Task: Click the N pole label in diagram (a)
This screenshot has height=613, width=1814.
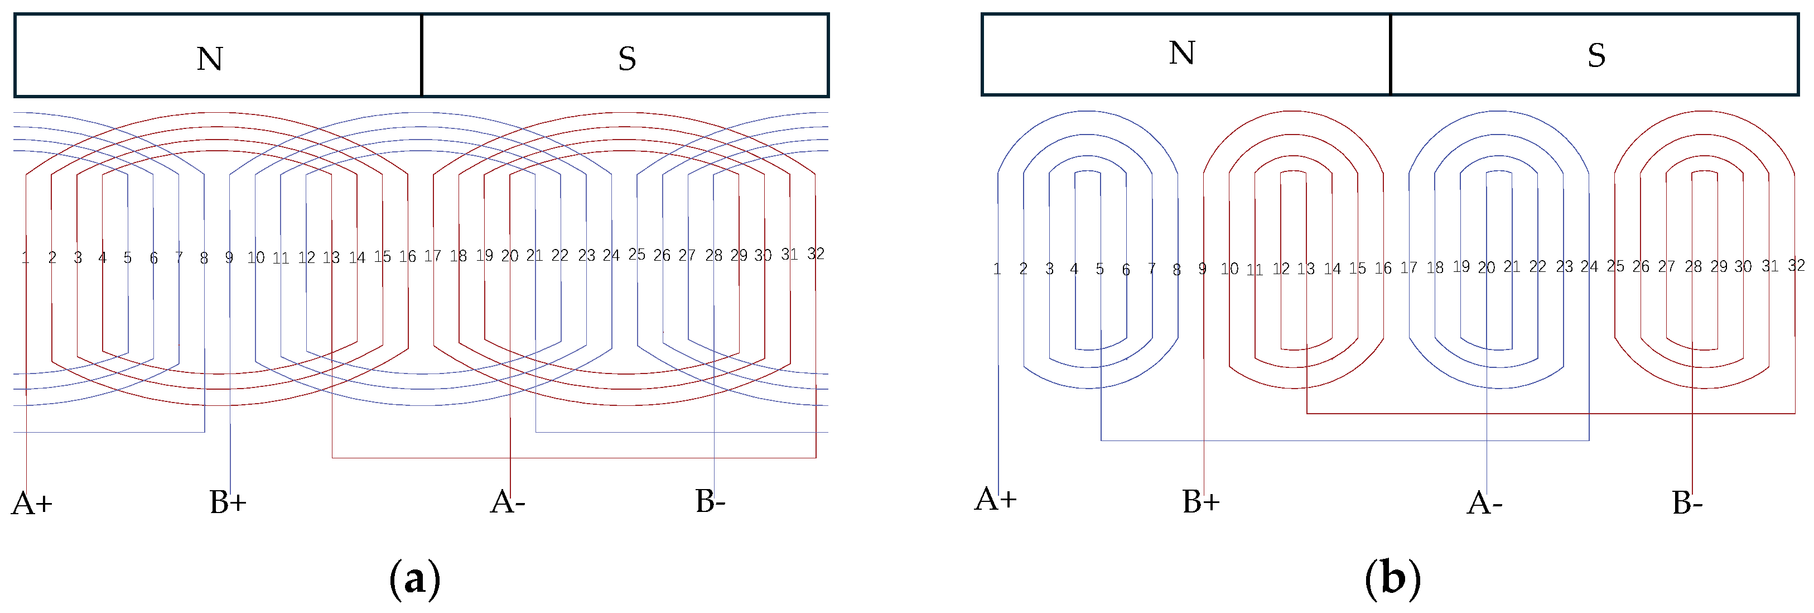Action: click(x=210, y=59)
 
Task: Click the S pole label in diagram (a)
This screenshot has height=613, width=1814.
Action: click(x=627, y=59)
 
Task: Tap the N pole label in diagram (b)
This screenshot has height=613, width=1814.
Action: click(x=1181, y=53)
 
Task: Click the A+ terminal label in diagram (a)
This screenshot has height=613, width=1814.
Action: click(x=32, y=504)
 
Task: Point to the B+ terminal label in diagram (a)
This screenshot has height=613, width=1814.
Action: click(x=228, y=502)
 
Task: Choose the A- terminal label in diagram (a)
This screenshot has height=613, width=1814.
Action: click(x=507, y=502)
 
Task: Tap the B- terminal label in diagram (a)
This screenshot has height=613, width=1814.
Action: click(x=710, y=501)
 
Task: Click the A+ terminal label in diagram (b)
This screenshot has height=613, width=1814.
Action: click(x=995, y=499)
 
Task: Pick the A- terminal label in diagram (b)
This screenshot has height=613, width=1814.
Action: click(x=1484, y=503)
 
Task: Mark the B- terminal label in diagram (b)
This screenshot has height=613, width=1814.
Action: click(x=1687, y=503)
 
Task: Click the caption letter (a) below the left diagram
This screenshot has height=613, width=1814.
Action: click(x=415, y=578)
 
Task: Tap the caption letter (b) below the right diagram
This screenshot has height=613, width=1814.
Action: click(x=1392, y=578)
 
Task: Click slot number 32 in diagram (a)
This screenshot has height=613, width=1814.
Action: click(x=816, y=253)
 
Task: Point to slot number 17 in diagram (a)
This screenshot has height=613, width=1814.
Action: click(x=432, y=256)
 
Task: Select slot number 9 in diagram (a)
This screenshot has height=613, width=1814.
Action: click(x=229, y=258)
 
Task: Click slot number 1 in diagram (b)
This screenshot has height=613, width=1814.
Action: click(x=997, y=269)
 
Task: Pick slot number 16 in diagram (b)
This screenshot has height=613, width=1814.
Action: click(x=1383, y=269)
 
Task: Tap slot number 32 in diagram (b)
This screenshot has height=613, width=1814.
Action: click(x=1796, y=266)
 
